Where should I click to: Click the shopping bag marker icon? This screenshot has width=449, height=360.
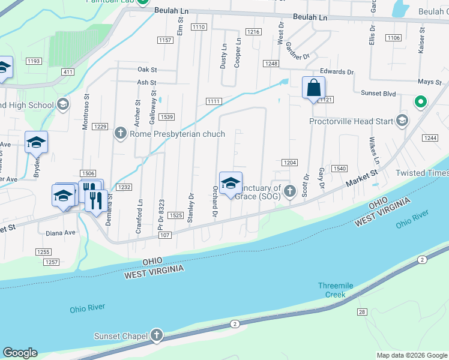pos(313,88)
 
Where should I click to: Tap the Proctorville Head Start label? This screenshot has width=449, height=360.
pos(351,121)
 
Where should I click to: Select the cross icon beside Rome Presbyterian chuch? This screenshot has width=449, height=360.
pos(121,133)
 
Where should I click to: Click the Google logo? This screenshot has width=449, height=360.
pos(20,352)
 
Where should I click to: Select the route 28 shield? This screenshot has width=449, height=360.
pos(362,311)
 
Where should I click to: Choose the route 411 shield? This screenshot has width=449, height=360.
pos(68,72)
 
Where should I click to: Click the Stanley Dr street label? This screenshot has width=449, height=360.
pos(190,208)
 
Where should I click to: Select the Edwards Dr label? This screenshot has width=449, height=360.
pos(337,71)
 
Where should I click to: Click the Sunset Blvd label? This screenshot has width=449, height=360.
pos(378,94)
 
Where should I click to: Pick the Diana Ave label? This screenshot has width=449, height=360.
pos(60,233)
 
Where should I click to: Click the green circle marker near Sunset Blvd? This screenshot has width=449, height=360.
pos(421,102)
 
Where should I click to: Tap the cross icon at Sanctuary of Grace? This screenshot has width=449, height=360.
pos(290,191)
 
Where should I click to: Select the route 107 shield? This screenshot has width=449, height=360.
pos(166,235)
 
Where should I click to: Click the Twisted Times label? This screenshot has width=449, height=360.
pos(422,173)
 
